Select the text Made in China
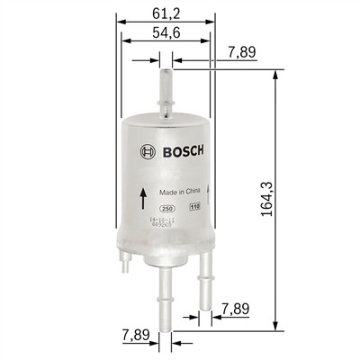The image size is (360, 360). click(178, 192)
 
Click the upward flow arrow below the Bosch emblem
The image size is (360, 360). click(142, 197)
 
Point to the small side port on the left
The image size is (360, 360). click(125, 263)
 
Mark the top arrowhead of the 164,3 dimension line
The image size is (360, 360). click(273, 76)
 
